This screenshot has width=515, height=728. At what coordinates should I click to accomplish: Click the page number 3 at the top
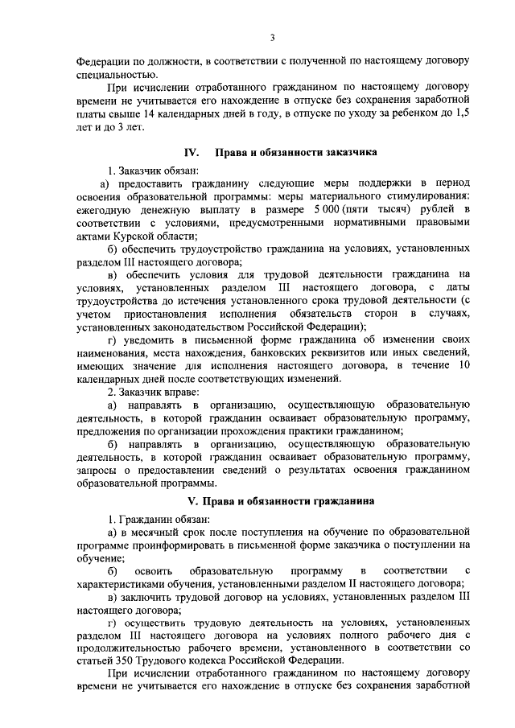point(273,37)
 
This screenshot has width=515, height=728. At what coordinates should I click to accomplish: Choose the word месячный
point(162,533)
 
